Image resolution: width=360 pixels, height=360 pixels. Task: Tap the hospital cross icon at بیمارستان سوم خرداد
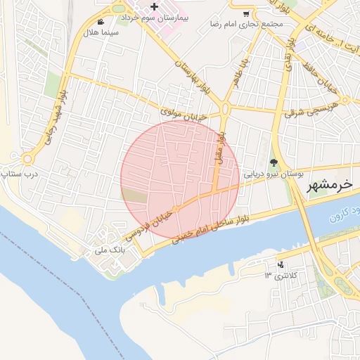coord(154,6)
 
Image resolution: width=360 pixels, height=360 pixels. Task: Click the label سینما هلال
coord(101,33)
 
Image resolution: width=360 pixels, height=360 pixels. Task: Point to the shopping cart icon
coord(245,13)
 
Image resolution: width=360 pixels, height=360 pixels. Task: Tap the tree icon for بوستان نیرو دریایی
coord(274,162)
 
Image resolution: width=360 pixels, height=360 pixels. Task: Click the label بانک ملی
coord(109,249)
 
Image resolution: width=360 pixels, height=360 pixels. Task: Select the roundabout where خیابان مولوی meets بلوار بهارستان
coord(224,108)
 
